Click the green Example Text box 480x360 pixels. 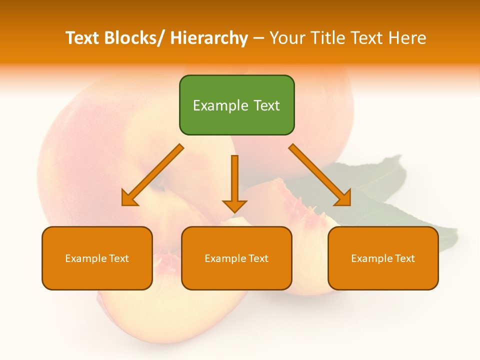pos(236,105)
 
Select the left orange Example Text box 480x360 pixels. pos(97,258)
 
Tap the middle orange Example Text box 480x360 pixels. pos(236,258)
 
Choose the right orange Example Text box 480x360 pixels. pos(383,258)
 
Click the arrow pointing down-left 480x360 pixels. pos(152,175)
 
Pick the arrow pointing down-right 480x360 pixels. pos(320,175)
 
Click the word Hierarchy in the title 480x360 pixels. pos(209,38)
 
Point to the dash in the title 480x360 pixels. pos(258,38)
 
